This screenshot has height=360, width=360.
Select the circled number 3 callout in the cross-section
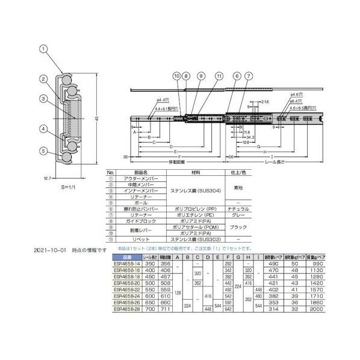(x=44, y=99)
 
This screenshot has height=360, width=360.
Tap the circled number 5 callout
(x=43, y=151)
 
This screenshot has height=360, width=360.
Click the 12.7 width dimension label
(x=47, y=178)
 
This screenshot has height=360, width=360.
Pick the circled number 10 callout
(x=176, y=76)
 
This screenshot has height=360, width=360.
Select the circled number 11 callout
(x=219, y=76)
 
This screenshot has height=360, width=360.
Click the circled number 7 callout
(x=248, y=76)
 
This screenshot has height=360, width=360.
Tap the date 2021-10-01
(x=48, y=249)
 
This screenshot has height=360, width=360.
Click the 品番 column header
(x=121, y=257)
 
